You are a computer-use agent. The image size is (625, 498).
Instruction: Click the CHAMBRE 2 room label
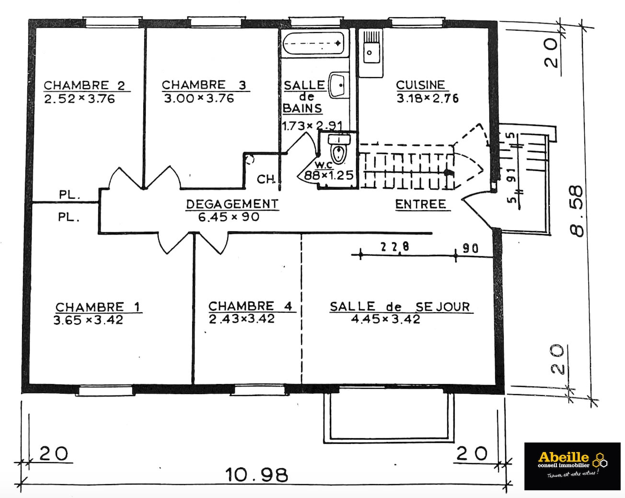84,86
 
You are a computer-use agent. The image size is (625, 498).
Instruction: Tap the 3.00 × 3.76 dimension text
199,98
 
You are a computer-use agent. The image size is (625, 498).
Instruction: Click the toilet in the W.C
339,149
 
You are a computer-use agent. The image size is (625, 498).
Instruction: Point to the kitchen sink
371,53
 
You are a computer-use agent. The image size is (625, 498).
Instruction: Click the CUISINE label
420,85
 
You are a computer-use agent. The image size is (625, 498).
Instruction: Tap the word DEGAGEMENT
232,204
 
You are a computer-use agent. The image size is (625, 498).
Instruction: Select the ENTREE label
420,204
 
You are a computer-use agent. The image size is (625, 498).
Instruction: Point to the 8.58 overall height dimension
576,211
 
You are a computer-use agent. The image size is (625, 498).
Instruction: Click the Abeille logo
572,466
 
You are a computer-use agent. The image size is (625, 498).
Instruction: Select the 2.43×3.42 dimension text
242,319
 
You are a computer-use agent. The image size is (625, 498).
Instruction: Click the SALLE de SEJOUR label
400,307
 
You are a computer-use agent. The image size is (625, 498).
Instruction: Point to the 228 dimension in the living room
394,247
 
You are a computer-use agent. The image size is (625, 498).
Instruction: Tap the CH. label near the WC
266,180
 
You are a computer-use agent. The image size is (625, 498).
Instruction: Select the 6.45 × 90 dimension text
229,217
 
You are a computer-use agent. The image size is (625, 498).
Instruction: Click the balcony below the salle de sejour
389,418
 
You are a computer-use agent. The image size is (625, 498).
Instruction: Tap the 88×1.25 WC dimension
328,175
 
